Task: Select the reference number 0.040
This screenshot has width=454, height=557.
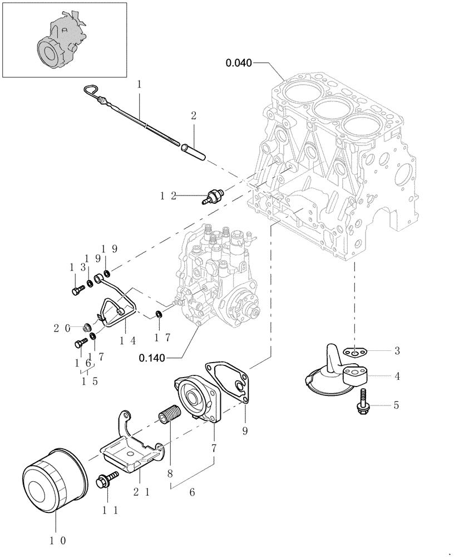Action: tap(239, 63)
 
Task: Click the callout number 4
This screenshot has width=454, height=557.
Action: tap(397, 376)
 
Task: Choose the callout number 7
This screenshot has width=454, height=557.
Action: tap(214, 447)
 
